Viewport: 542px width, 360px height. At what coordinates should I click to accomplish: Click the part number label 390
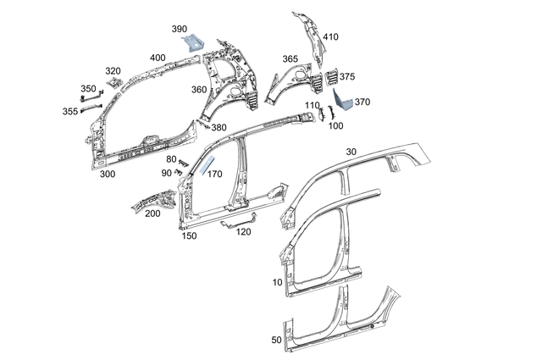click(180, 29)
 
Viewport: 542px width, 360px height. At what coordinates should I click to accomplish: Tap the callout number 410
click(330, 37)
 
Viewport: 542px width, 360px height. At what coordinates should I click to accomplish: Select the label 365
click(290, 59)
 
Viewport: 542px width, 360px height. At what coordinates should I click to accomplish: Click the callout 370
click(362, 102)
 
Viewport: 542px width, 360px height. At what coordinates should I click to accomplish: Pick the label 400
click(158, 58)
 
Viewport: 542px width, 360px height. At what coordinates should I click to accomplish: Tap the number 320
click(113, 71)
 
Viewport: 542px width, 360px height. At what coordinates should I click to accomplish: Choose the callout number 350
click(89, 89)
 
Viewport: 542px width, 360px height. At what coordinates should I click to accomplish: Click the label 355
click(69, 110)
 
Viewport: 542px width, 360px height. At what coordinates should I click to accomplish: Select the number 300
click(107, 174)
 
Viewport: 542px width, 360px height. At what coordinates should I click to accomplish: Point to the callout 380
click(219, 128)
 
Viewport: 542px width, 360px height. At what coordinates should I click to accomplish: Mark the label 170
click(214, 174)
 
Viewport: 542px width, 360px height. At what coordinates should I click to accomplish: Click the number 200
click(152, 213)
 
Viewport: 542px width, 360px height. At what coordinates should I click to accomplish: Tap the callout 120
click(244, 231)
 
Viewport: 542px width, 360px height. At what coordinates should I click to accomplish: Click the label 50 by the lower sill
click(276, 340)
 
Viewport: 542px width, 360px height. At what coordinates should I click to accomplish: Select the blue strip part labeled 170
click(207, 163)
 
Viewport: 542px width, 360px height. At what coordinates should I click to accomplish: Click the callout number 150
click(190, 236)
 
